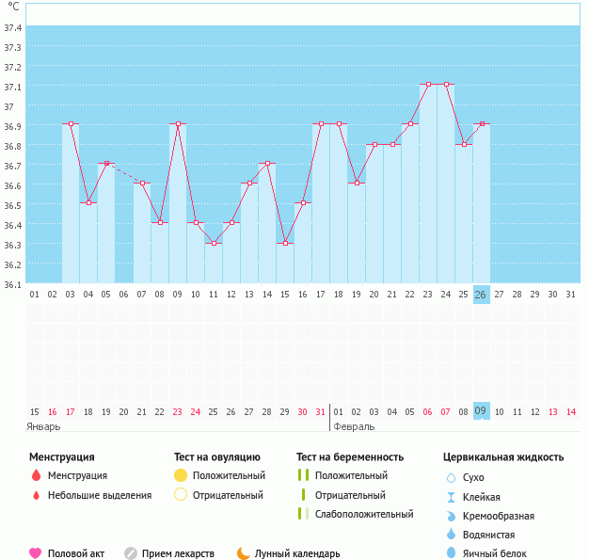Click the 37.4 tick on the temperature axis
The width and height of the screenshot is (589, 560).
13,27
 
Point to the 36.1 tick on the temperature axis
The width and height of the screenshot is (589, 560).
13,284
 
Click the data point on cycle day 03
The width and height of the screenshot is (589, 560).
71,124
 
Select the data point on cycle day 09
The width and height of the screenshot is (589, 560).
178,124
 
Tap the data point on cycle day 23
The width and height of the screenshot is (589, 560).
428,85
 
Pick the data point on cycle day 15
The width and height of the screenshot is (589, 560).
285,243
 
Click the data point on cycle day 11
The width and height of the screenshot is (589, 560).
214,243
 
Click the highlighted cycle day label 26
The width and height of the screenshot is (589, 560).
481,295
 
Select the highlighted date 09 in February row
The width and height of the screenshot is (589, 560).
481,411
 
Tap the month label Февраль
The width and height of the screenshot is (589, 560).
354,425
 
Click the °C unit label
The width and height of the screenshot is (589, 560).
13,7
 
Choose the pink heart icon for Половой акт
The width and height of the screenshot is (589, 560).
36,553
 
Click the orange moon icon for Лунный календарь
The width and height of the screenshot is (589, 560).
244,553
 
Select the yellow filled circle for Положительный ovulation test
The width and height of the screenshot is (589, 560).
181,475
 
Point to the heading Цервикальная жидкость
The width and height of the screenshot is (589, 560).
503,457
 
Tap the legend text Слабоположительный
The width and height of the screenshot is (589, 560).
364,514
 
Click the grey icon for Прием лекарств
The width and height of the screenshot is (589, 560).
131,553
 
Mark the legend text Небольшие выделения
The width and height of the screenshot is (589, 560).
99,495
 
